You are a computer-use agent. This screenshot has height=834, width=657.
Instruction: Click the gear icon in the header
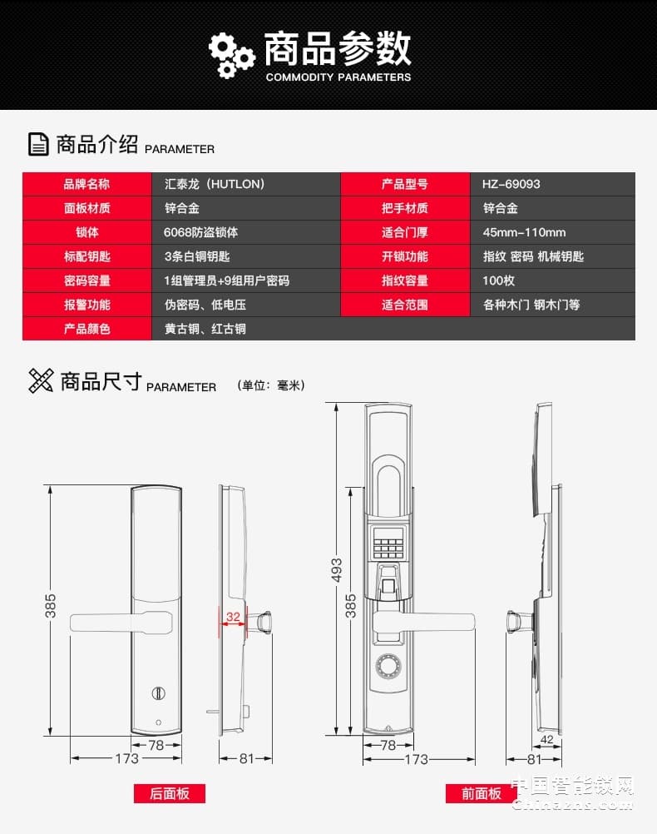coord(230,54)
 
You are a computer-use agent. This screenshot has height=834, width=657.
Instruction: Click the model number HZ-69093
coord(511,184)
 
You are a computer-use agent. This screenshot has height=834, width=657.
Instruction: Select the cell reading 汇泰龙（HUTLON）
coord(214,184)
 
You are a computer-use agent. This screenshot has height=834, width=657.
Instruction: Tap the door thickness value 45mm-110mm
coord(524,232)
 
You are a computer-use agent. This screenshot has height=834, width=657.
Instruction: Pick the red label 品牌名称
coord(86,184)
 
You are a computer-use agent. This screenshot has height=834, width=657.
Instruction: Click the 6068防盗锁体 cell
coord(200,232)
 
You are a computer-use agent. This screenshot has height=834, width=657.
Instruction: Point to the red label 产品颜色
coord(86,329)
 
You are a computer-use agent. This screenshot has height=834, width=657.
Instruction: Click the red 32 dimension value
coord(233,618)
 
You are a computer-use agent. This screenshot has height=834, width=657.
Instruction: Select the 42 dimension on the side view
coord(546,738)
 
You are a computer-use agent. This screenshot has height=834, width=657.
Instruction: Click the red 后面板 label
coord(170,793)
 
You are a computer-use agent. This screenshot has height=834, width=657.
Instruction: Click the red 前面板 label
coord(482,793)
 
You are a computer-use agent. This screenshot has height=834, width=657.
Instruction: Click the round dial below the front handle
coord(388,666)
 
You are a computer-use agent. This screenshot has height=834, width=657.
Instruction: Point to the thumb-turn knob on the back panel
coord(156,693)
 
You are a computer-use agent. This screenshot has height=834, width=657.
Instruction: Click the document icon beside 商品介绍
coord(38,144)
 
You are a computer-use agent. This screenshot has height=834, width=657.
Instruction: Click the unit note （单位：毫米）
coord(271,385)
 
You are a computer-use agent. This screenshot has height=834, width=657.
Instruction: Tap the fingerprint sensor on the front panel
coord(388,581)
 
